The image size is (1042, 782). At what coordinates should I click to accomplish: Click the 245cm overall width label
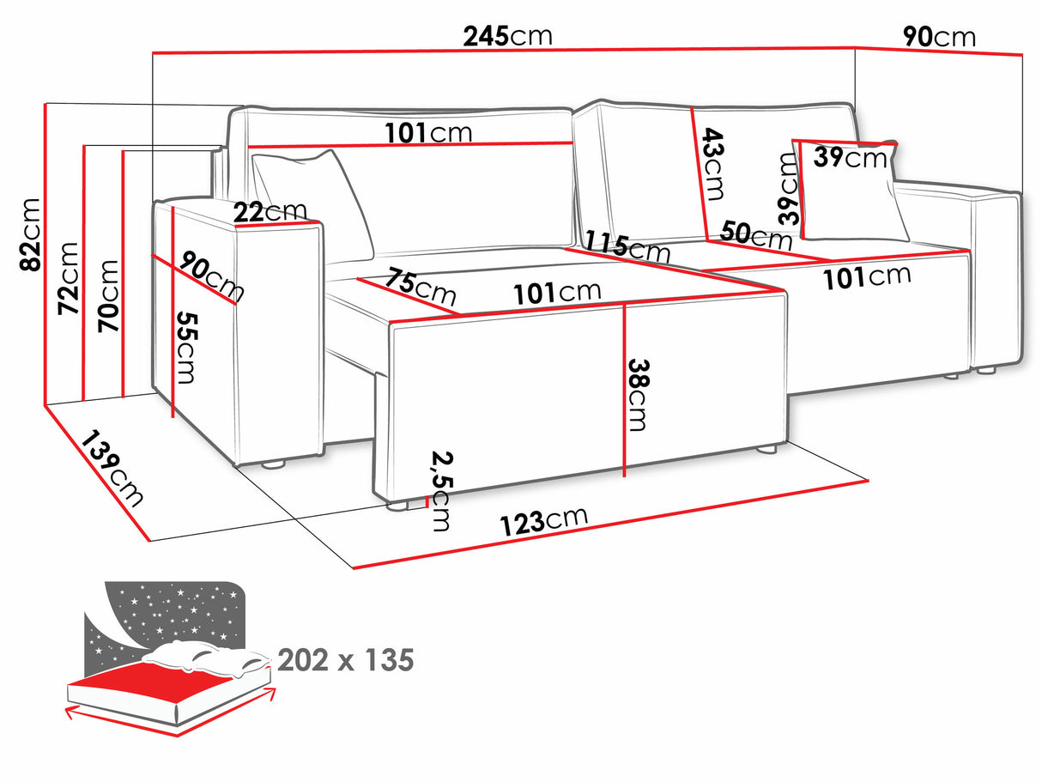(x=507, y=36)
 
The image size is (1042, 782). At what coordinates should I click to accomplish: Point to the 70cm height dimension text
(x=109, y=296)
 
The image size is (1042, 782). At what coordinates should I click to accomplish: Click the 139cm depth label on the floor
(x=113, y=468)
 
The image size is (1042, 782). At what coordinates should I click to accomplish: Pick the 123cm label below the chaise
(x=544, y=521)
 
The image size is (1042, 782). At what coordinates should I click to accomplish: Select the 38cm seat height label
(x=639, y=394)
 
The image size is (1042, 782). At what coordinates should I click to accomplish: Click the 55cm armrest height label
(x=187, y=347)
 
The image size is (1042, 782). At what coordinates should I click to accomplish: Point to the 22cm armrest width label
(x=270, y=211)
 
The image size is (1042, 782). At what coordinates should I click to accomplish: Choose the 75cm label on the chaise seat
(x=420, y=287)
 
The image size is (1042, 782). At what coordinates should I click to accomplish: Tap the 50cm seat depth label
(x=755, y=234)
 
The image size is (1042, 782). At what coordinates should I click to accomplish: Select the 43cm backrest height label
(x=713, y=162)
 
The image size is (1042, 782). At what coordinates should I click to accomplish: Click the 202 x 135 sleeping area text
(x=345, y=660)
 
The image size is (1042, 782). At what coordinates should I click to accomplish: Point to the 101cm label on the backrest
(x=427, y=133)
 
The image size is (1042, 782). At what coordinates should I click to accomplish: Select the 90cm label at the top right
(x=938, y=37)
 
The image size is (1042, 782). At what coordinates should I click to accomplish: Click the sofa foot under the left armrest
(x=273, y=464)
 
